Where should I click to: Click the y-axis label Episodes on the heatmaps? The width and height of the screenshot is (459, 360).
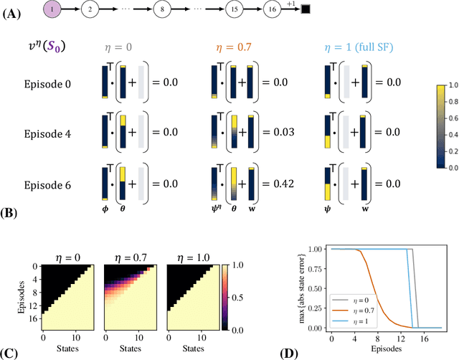pos(12,297)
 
